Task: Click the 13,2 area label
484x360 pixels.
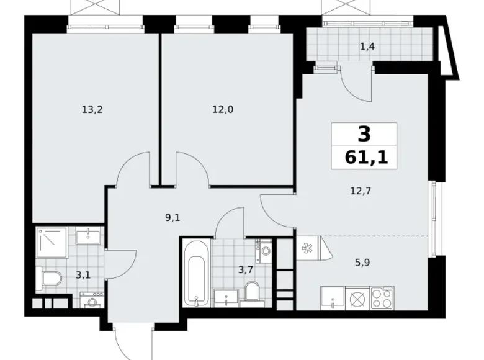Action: click(x=91, y=110)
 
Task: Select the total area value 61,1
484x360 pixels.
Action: click(x=362, y=157)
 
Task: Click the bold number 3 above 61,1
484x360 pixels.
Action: click(x=363, y=134)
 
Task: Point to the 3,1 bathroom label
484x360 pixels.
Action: click(x=83, y=274)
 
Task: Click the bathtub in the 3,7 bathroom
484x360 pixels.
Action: click(x=196, y=273)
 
